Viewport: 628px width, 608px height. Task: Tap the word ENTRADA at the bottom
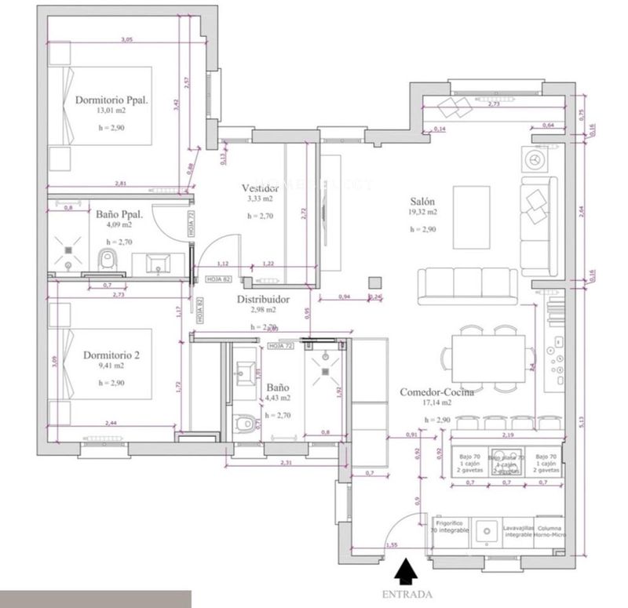407,595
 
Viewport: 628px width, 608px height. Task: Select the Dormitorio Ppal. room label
112,100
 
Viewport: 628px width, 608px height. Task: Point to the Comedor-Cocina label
436,393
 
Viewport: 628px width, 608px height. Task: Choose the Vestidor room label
260,189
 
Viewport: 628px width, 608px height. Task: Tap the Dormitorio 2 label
111,355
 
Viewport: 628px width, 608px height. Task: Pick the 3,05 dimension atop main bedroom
126,39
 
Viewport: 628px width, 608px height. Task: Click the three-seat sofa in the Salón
468,283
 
